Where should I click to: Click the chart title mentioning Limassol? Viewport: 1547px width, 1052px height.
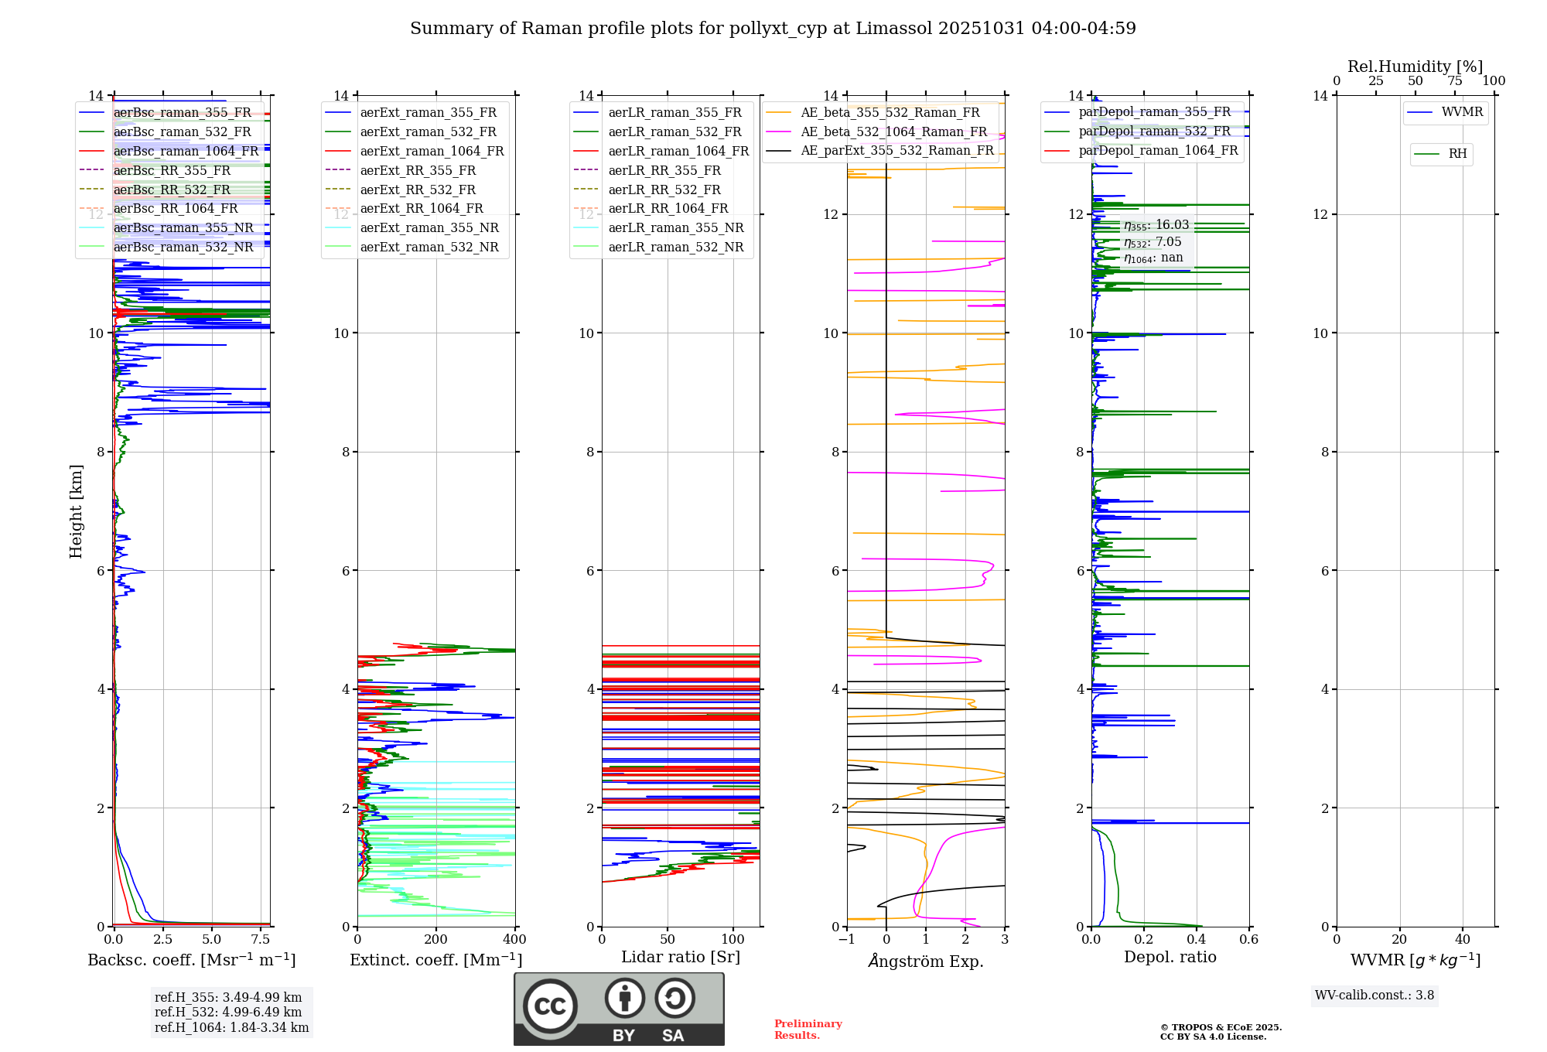tap(773, 29)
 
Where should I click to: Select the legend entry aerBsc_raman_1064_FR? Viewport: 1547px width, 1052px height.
tap(186, 151)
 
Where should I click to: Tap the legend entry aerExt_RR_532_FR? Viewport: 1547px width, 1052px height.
tap(418, 190)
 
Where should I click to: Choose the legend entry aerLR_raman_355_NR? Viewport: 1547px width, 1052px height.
tap(675, 227)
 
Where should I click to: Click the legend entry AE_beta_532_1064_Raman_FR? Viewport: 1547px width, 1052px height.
tap(893, 131)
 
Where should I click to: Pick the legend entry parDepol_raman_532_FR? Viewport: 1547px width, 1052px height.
tap(1154, 131)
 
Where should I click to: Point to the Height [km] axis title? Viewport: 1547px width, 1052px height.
tap(76, 511)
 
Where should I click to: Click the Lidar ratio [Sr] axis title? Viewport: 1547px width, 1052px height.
tap(681, 957)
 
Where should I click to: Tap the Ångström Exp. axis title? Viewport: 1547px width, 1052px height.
tap(926, 961)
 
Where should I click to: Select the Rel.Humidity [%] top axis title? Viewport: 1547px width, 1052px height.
tap(1415, 67)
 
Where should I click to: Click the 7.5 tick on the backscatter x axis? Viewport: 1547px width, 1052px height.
tap(261, 940)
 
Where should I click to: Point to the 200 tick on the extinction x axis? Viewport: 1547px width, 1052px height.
tap(436, 940)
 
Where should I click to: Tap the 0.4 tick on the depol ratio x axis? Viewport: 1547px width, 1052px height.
tap(1197, 940)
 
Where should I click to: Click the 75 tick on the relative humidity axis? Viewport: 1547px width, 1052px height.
tap(1455, 81)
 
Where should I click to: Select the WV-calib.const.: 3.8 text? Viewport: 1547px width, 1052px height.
tap(1375, 996)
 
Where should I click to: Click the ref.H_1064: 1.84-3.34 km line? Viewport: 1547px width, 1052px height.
tap(231, 1027)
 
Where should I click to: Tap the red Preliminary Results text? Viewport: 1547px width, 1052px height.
tap(808, 1029)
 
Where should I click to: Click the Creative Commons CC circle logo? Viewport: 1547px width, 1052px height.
tap(550, 1006)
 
